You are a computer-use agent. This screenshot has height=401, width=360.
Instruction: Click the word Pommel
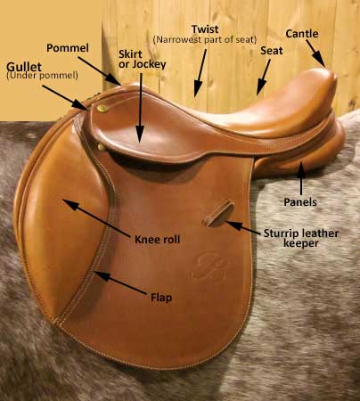tap(68, 48)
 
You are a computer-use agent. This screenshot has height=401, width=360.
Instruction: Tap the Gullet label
tap(24, 67)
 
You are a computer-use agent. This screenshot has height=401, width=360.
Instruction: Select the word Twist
tap(205, 29)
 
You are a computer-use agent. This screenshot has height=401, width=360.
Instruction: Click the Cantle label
tap(302, 34)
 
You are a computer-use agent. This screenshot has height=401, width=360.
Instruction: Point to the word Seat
tap(272, 51)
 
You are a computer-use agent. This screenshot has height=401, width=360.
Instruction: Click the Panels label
tap(300, 202)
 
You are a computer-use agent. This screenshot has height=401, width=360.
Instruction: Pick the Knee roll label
tap(158, 240)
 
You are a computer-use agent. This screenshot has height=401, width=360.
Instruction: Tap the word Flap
tap(161, 298)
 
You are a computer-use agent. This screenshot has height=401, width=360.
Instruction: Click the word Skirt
tap(130, 54)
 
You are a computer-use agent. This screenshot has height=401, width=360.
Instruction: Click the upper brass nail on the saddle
tap(102, 109)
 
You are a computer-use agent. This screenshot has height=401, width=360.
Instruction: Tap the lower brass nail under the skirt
tap(102, 147)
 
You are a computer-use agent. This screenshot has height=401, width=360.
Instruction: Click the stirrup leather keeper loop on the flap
tap(218, 213)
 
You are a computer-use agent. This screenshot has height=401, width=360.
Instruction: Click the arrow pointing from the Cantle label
tap(315, 53)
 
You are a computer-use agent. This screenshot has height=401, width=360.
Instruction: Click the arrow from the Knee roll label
tap(97, 218)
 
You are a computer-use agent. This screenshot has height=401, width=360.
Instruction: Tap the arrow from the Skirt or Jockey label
tap(140, 108)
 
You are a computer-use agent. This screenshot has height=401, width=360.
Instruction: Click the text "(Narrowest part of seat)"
tap(205, 39)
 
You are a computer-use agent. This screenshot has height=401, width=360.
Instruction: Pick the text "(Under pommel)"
tap(42, 76)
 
